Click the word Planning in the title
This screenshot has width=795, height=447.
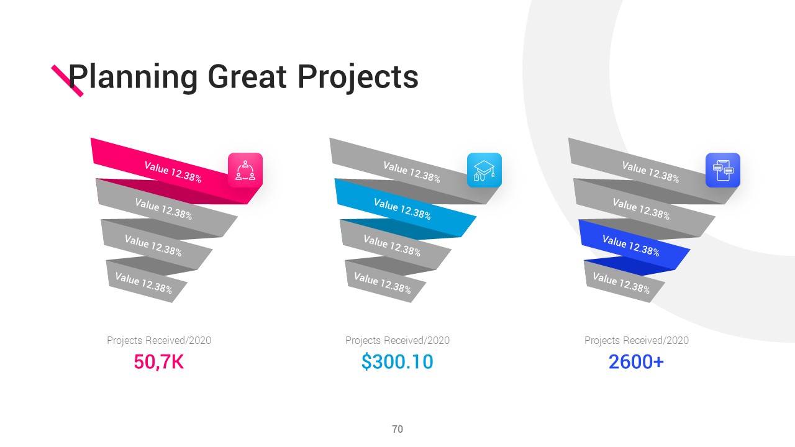[133, 78]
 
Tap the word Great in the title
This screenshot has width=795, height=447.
[247, 76]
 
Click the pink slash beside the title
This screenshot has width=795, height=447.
[68, 81]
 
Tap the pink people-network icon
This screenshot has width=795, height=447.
[245, 170]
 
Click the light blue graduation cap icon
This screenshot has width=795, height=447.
[484, 170]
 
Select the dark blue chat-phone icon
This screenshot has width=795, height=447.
[723, 170]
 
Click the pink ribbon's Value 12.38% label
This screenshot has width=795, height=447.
[173, 172]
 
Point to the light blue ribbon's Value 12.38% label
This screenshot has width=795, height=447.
[402, 209]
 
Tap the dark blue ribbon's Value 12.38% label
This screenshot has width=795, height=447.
[630, 245]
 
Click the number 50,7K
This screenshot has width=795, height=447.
[158, 362]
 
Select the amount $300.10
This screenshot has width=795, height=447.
[397, 362]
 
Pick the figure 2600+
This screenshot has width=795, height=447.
[636, 362]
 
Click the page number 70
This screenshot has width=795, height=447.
[397, 429]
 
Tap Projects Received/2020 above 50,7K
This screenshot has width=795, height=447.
[159, 341]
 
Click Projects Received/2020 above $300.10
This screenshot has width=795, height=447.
[397, 341]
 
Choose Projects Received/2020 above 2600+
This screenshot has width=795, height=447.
[637, 341]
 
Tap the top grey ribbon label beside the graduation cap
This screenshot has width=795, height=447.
[412, 172]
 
